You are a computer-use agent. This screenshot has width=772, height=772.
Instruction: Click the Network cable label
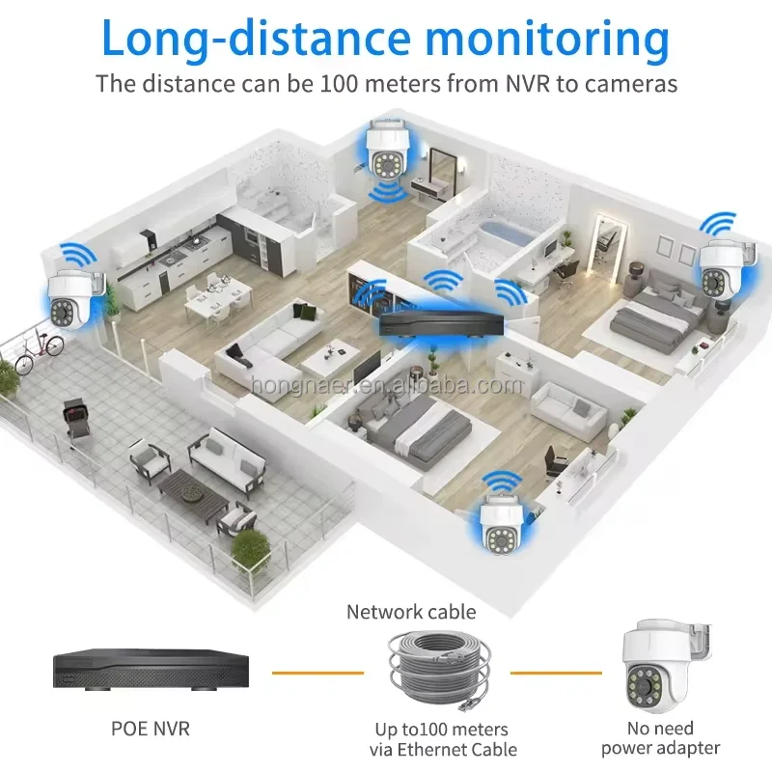coord(411,611)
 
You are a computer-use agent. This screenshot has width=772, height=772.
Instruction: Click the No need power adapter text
coord(660,737)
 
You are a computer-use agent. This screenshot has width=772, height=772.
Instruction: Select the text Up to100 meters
coord(441,729)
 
